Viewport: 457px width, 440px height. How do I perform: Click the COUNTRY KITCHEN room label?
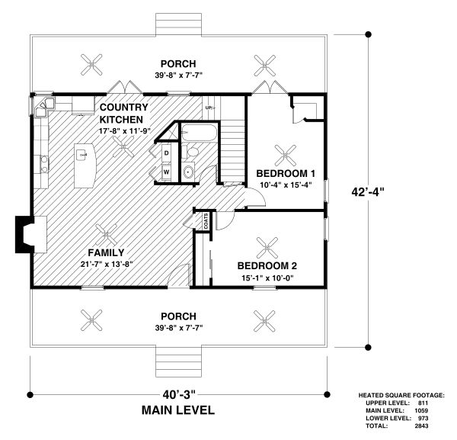click(123, 114)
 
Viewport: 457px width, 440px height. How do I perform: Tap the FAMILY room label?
click(106, 252)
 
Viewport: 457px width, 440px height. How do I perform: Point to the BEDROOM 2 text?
click(267, 265)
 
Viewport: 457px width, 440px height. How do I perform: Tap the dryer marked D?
click(166, 153)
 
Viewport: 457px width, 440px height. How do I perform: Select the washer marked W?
click(166, 172)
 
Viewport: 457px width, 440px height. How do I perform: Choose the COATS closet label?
click(206, 221)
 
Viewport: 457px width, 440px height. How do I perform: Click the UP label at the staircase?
click(209, 108)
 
